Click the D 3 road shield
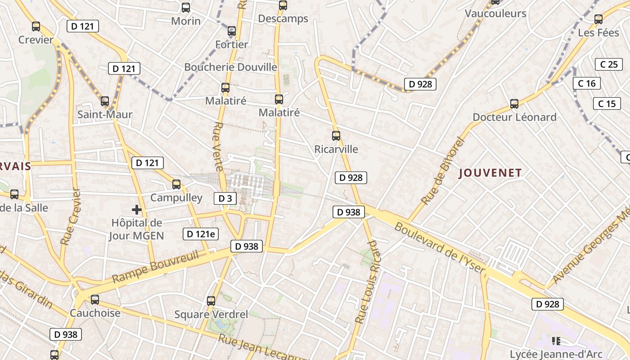coord(225,198)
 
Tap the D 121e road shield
coord(201,234)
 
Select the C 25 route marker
coord(609,64)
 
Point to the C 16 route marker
coord(587,83)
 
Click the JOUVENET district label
coord(490,173)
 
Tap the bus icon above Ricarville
coord(336,135)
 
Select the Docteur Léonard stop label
coord(514,117)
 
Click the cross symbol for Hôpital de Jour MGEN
coord(137,210)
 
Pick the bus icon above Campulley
coord(176,184)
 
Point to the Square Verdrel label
coord(211,314)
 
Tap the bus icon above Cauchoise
coord(95,299)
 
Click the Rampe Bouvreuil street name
coord(155,267)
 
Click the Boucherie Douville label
coord(230,67)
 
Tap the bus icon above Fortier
coord(232,31)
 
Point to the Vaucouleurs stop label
coord(495,13)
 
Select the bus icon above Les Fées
coord(598,19)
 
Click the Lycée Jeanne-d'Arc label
coord(556,354)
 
